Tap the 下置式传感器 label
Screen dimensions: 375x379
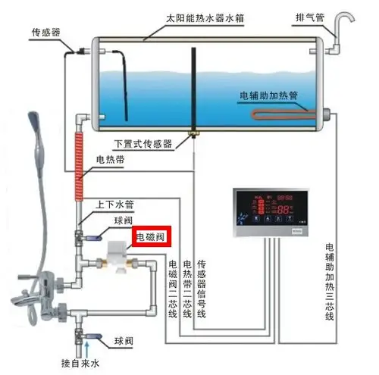click(x=143, y=143)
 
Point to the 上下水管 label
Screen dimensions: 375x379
click(x=114, y=205)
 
